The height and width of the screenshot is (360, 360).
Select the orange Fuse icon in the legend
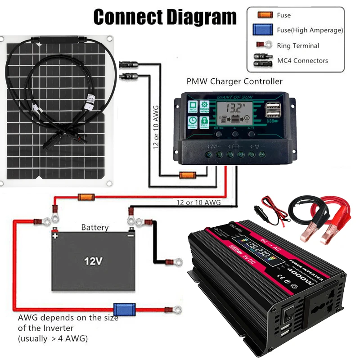(265, 15)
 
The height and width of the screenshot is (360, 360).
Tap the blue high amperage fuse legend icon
(265, 30)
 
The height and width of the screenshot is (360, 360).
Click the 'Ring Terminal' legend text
(298, 45)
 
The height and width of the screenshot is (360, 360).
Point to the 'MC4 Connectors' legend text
(302, 60)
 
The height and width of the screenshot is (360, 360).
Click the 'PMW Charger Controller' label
(234, 81)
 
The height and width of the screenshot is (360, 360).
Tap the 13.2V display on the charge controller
(235, 108)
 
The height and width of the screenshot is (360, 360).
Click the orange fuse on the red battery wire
(85, 197)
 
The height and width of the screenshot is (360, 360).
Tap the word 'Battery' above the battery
(94, 228)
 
